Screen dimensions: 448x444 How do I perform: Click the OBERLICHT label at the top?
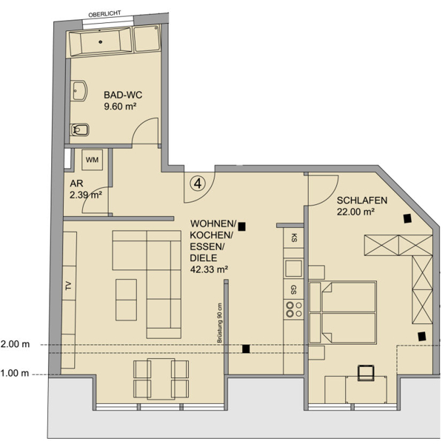pyautogui.click(x=104, y=14)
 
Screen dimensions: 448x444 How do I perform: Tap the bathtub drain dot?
pyautogui.click(x=100, y=42)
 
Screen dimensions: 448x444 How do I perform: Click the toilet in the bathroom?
pyautogui.click(x=80, y=130)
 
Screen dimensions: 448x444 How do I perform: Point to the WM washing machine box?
pyautogui.click(x=92, y=160)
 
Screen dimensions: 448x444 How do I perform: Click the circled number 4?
pyautogui.click(x=198, y=184)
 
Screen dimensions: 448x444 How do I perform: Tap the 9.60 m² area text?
pyautogui.click(x=120, y=107)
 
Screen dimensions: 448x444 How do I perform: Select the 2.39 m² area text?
pyautogui.click(x=86, y=195)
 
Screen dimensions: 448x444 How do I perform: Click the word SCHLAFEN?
pyautogui.click(x=362, y=201)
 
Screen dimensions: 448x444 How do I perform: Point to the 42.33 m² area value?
pyautogui.click(x=209, y=269)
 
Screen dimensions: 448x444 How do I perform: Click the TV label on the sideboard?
pyautogui.click(x=68, y=286)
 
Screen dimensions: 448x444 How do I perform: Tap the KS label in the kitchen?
pyautogui.click(x=293, y=238)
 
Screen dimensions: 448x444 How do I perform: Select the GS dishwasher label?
pyautogui.click(x=293, y=289)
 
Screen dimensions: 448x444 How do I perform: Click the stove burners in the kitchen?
pyautogui.click(x=294, y=309)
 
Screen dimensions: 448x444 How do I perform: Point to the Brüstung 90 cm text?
pyautogui.click(x=219, y=323)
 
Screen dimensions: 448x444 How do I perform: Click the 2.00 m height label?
pyautogui.click(x=15, y=344)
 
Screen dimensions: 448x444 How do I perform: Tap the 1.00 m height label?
pyautogui.click(x=15, y=373)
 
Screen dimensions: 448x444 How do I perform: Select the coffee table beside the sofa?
pyautogui.click(x=126, y=300)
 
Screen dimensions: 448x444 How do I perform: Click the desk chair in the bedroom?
pyautogui.click(x=366, y=373)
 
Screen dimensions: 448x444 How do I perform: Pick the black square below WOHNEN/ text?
pyautogui.click(x=241, y=226)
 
